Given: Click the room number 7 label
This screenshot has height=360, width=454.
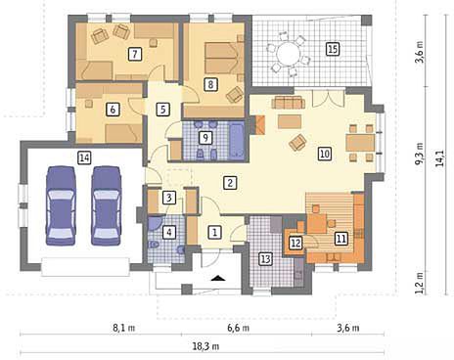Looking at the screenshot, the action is pyautogui.click(x=135, y=54).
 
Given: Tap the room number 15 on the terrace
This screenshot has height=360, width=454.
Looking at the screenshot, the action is pyautogui.click(x=333, y=49).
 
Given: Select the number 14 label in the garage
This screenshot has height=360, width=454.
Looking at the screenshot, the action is pyautogui.click(x=84, y=157).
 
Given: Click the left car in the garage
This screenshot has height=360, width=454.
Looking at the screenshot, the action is pyautogui.click(x=61, y=205).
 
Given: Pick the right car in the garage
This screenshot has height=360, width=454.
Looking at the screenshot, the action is pyautogui.click(x=106, y=205).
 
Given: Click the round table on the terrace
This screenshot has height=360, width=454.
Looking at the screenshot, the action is pyautogui.click(x=288, y=54).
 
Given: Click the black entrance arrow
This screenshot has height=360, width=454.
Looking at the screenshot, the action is pyautogui.click(x=218, y=278).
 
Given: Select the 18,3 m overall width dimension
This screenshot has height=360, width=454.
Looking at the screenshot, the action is pyautogui.click(x=205, y=346).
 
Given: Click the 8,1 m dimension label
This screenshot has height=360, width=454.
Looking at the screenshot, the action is pyautogui.click(x=124, y=328).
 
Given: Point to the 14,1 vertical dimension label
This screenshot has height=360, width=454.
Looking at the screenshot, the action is pyautogui.click(x=440, y=158).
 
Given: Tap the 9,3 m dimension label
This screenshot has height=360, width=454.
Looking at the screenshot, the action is pyautogui.click(x=420, y=154).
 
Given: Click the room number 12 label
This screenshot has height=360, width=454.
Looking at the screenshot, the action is pyautogui.click(x=295, y=243).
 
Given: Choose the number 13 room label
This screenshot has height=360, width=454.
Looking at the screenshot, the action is pyautogui.click(x=266, y=259).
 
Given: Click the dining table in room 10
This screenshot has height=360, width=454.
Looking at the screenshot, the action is pyautogui.click(x=360, y=143).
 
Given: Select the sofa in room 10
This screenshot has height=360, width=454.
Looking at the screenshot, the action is pyautogui.click(x=289, y=103).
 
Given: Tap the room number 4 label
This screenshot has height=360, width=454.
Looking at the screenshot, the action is pyautogui.click(x=169, y=232).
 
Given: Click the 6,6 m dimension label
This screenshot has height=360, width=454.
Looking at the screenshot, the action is pyautogui.click(x=239, y=328).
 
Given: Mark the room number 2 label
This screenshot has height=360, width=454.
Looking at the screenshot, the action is pyautogui.click(x=230, y=183).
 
